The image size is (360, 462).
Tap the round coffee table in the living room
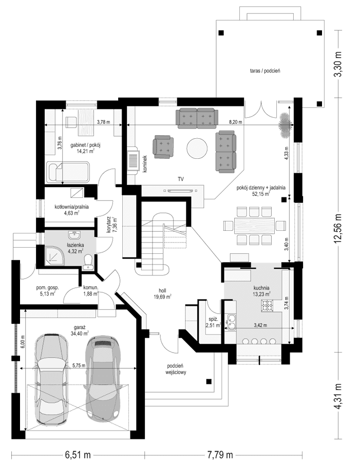196,149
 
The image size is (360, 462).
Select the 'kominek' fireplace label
145,163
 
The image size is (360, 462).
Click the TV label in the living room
181,179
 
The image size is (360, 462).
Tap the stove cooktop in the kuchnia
268,306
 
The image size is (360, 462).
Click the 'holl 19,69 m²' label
162,292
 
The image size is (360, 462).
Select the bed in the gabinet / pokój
68,172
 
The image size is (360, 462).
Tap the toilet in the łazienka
87,262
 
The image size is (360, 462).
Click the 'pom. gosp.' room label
47,291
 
